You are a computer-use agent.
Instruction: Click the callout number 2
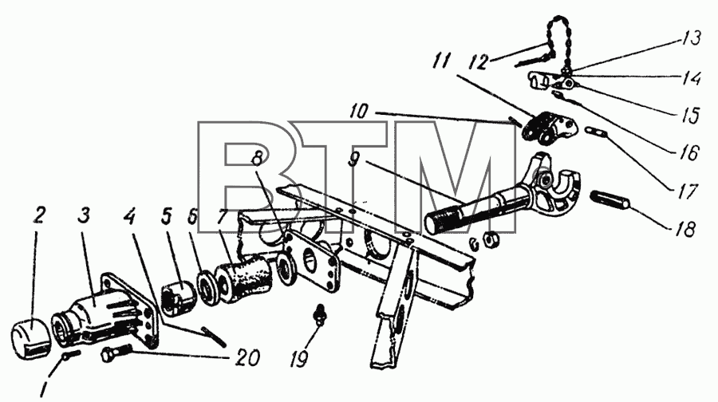(x=39, y=215)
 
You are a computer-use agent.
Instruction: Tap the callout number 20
(x=247, y=357)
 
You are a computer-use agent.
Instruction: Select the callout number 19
(x=298, y=358)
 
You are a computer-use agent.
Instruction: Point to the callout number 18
(x=685, y=228)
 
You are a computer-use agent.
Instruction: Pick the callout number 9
(x=353, y=161)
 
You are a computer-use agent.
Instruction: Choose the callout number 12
(x=479, y=61)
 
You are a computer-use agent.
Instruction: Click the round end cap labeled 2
(x=30, y=339)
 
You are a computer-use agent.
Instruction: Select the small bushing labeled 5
(x=179, y=298)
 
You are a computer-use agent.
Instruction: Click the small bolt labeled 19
(x=320, y=314)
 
